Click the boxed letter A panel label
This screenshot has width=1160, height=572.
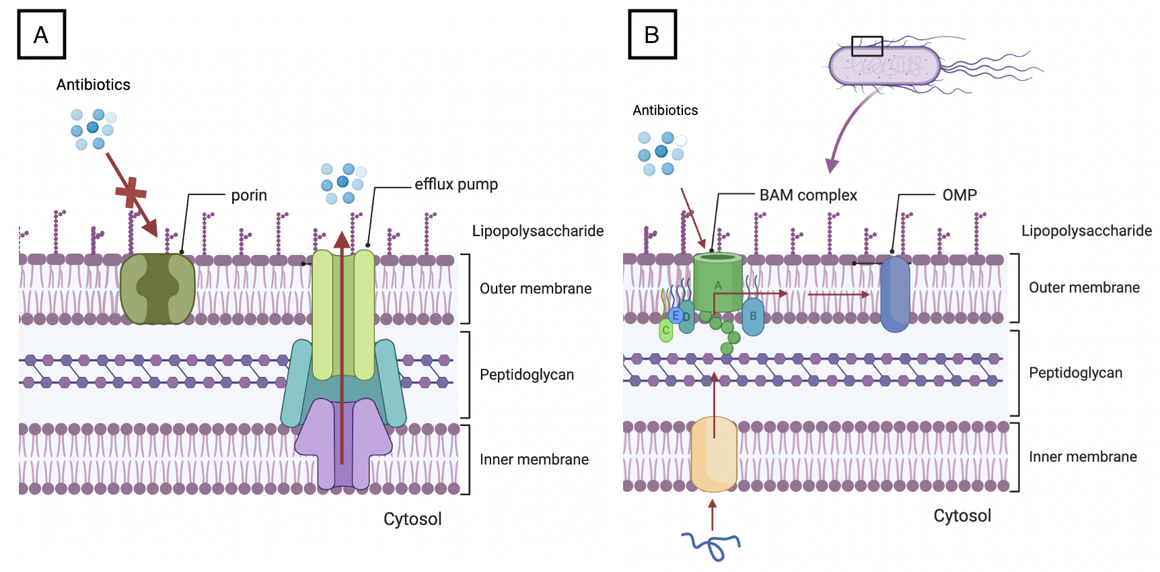pos(41,34)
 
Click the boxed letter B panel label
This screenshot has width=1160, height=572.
pos(652,34)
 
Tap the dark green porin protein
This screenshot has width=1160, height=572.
pos(157,289)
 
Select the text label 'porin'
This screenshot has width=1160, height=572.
pos(249,195)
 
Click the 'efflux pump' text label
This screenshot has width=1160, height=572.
pos(456,184)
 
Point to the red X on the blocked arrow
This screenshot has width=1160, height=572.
pos(131,192)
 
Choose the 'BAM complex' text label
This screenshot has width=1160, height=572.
pos(808,195)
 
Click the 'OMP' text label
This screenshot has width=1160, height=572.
pos(959,195)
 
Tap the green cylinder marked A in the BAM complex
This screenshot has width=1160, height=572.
pos(718,283)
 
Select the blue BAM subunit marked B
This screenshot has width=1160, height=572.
pos(753,316)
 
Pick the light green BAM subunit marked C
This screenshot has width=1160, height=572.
pos(665,330)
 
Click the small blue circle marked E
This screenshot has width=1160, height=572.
pos(676,315)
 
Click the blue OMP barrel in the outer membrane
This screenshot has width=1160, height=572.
pos(895,295)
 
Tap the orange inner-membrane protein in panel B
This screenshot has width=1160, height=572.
pos(714,454)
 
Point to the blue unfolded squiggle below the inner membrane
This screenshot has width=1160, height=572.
pos(712,545)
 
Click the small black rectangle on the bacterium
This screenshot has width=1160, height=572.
pos(867,46)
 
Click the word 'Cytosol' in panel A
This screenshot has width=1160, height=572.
pos(412,519)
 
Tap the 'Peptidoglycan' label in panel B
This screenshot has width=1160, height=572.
pos(1075,373)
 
